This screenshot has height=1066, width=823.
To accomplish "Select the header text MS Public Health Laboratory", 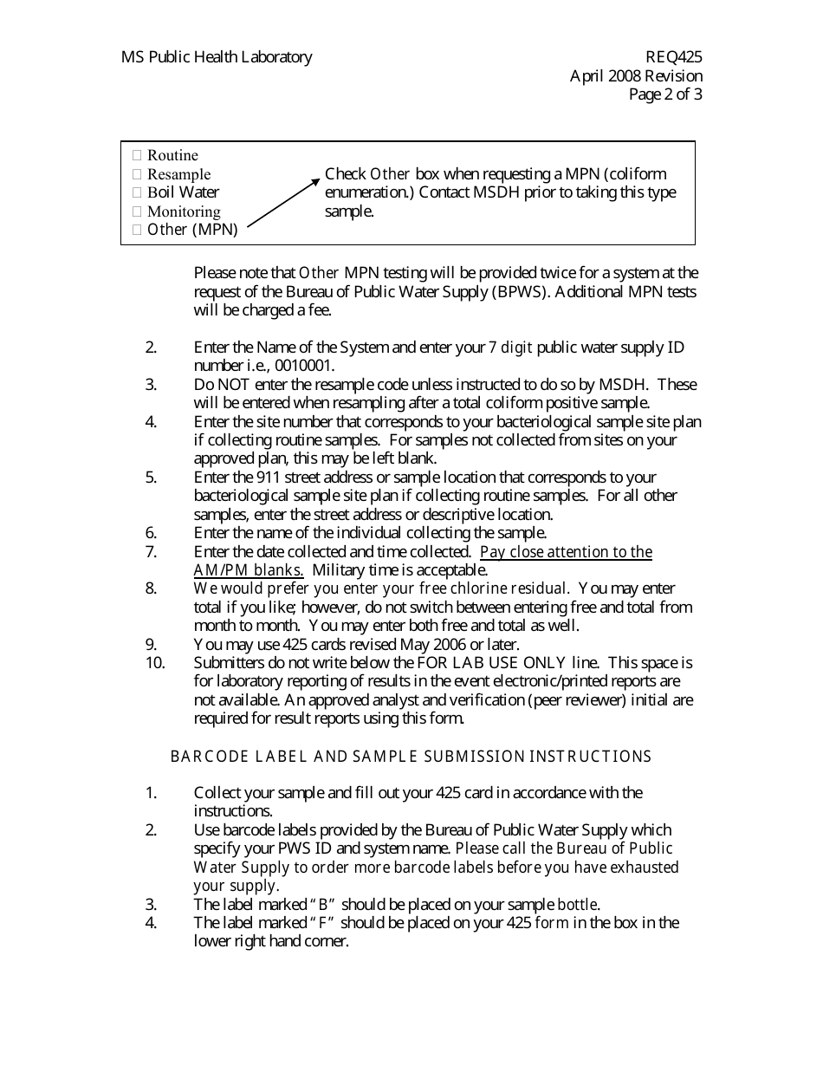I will pos(217,57).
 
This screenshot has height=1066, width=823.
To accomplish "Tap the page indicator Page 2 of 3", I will pos(665,94).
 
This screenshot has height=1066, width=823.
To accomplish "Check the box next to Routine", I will pos(137,156).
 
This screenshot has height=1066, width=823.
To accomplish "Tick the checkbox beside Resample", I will pos(137,174).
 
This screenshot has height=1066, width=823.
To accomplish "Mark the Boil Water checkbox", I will pos(137,192).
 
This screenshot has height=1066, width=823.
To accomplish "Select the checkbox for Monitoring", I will pos(137,211).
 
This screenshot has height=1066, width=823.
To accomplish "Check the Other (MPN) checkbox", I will pos(137,230).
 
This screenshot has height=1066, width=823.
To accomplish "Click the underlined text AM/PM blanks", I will pos(249,570).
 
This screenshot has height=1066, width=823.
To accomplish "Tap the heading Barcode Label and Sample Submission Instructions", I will pos(411,757).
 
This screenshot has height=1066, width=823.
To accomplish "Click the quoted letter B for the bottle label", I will pos(322,904).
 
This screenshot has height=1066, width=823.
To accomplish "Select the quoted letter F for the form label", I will pos(321,922).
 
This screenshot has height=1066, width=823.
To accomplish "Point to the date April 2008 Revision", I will pos(636,76).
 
